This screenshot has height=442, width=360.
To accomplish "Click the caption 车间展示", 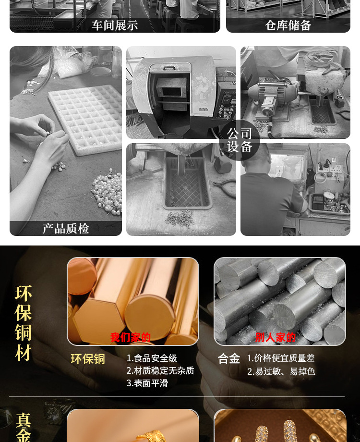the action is pyautogui.click(x=115, y=25).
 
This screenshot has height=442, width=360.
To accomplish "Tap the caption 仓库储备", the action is pyautogui.click(x=288, y=25).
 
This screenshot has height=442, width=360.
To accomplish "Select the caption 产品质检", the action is pyautogui.click(x=66, y=229).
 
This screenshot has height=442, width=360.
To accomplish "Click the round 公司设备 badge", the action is pyautogui.click(x=240, y=140).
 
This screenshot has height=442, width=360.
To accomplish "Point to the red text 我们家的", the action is pyautogui.click(x=131, y=337).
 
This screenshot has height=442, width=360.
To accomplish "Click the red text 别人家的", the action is pyautogui.click(x=275, y=337).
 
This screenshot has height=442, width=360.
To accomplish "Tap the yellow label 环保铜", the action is pyautogui.click(x=88, y=359).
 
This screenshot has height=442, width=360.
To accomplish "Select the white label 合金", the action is pyautogui.click(x=229, y=359).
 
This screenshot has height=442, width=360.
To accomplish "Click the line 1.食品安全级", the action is pyautogui.click(x=152, y=358).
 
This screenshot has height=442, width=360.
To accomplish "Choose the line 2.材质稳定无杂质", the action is pyautogui.click(x=160, y=371).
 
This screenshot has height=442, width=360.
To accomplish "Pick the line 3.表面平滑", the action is pyautogui.click(x=147, y=383).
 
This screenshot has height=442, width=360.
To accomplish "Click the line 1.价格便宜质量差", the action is pyautogui.click(x=281, y=358).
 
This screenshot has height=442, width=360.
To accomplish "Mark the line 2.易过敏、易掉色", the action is pyautogui.click(x=281, y=371).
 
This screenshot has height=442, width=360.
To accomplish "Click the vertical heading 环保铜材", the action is pyautogui.click(x=23, y=323).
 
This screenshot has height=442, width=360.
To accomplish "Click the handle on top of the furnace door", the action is pyautogui.click(x=169, y=68).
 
